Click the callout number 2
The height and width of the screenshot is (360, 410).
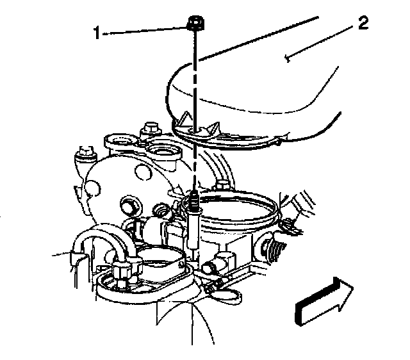[363, 24]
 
